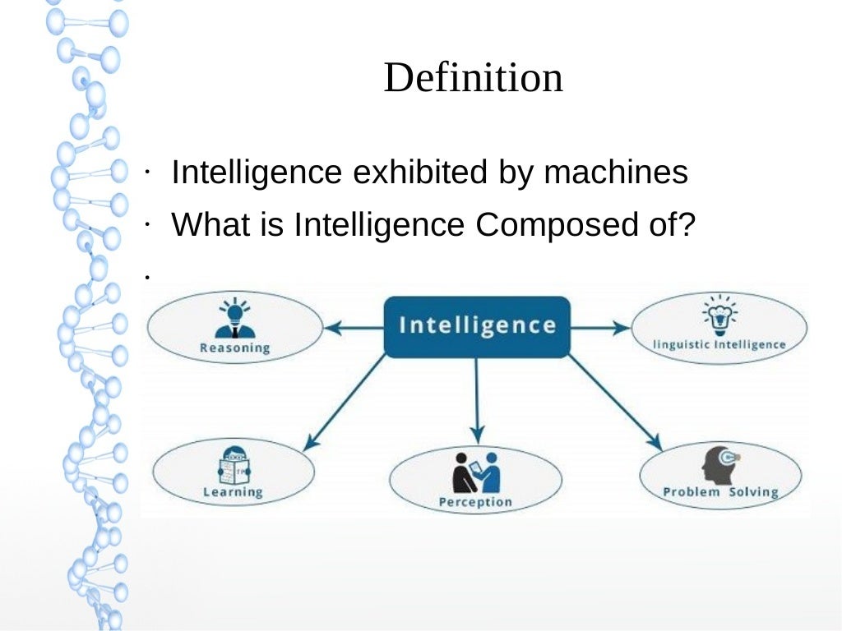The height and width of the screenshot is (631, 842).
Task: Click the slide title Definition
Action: pyautogui.click(x=473, y=78)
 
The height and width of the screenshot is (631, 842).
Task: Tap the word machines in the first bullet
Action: pyautogui.click(x=616, y=173)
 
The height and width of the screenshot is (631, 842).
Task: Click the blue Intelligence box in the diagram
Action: pyautogui.click(x=477, y=326)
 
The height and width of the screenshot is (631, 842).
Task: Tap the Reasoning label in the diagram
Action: pyautogui.click(x=234, y=348)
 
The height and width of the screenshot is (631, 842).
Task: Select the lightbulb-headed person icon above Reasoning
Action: pyautogui.click(x=234, y=319)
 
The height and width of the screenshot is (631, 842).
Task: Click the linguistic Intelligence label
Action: pyautogui.click(x=719, y=344)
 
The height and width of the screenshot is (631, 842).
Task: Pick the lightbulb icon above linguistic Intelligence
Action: pyautogui.click(x=719, y=314)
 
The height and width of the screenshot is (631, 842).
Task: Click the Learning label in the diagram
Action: pyautogui.click(x=233, y=492)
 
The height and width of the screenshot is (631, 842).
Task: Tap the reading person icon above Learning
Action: pyautogui.click(x=234, y=467)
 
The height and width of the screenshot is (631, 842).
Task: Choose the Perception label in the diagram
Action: pyautogui.click(x=475, y=501)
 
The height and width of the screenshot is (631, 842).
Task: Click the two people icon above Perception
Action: pyautogui.click(x=476, y=472)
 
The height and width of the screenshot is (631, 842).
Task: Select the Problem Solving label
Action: pyautogui.click(x=720, y=492)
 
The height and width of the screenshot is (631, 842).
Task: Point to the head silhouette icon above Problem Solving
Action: pyautogui.click(x=719, y=464)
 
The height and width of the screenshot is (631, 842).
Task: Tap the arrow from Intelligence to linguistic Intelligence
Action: pyautogui.click(x=599, y=328)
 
